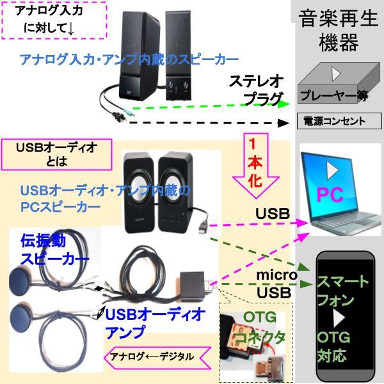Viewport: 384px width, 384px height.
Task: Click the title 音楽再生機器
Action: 337,31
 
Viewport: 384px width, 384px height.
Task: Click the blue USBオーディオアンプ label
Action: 154,323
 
